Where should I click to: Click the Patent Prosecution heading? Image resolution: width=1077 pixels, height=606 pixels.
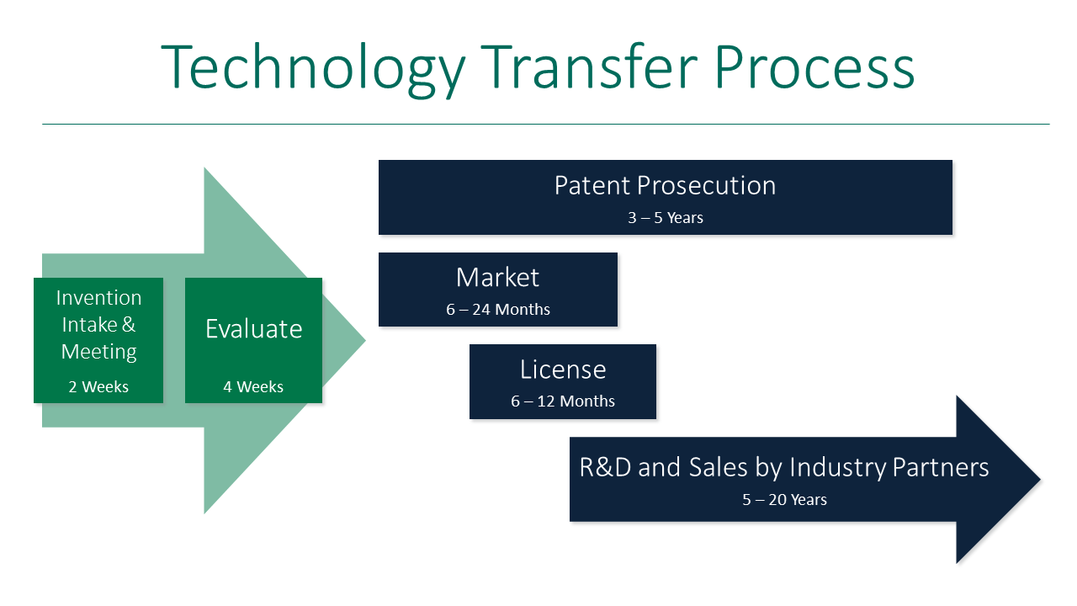coord(665,185)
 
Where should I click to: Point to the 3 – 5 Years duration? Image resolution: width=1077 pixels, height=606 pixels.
coord(665,218)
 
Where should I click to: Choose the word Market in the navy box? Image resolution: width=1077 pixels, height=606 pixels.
coord(497,277)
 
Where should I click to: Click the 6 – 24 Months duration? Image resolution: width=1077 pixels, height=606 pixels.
coord(498,310)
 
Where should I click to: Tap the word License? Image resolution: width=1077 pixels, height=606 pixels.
coord(562,369)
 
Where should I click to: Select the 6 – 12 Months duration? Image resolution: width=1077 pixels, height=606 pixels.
coord(562,401)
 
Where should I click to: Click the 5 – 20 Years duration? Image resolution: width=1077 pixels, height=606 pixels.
coord(784,500)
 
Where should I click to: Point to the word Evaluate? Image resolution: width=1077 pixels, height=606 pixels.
coord(253,329)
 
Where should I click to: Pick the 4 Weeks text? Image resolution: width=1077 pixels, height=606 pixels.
coord(253,387)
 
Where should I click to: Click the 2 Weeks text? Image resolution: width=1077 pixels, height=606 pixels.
coord(98,387)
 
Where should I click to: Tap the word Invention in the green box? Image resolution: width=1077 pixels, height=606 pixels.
coord(98,298)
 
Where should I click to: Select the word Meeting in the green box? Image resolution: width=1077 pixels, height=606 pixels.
coord(98,352)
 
